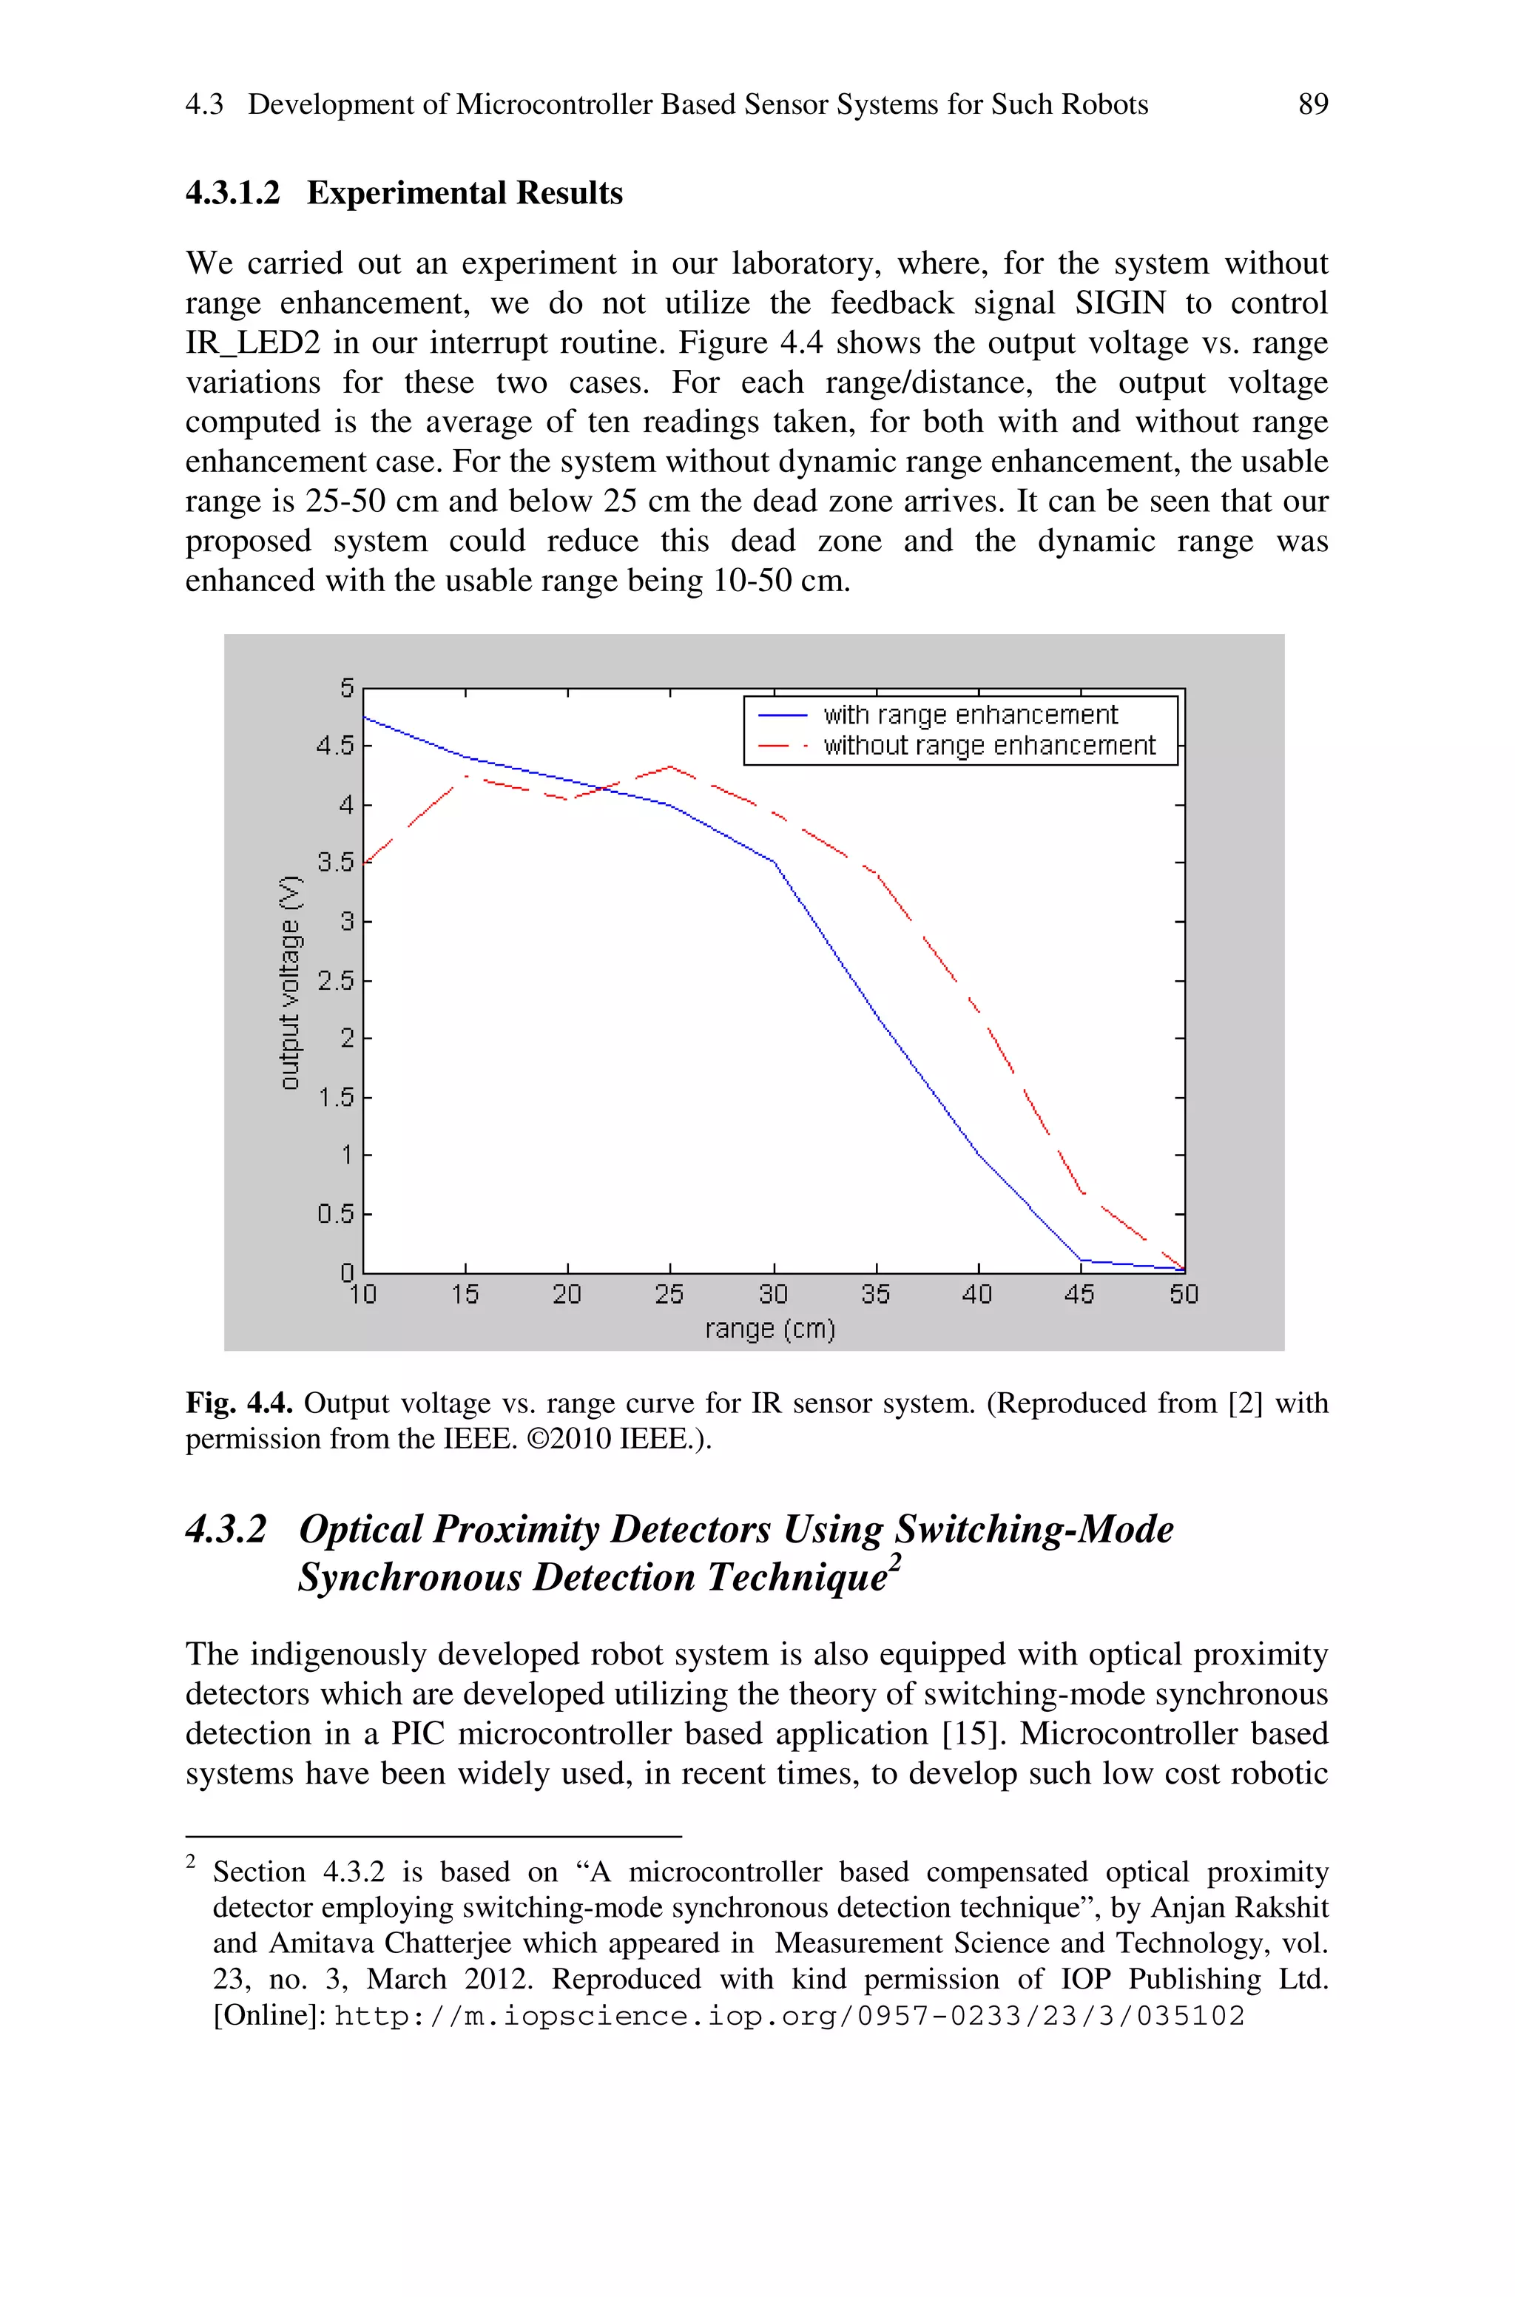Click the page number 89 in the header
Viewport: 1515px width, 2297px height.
click(x=1313, y=104)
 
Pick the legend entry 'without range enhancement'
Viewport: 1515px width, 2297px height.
click(x=988, y=746)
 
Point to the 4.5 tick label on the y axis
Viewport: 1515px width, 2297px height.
click(x=334, y=746)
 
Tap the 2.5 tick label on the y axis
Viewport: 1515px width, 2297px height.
click(x=334, y=980)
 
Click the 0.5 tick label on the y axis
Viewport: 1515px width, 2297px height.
click(x=334, y=1213)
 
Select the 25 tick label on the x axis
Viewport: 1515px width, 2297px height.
click(x=669, y=1295)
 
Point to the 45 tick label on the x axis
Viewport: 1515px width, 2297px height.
click(x=1079, y=1295)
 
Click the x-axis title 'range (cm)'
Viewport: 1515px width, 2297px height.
click(x=770, y=1329)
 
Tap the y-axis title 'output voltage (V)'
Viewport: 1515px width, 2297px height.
click(x=290, y=982)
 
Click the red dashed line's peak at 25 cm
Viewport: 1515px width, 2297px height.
click(x=669, y=767)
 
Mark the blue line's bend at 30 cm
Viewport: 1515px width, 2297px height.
click(x=774, y=862)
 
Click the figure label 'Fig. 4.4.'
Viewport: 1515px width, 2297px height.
click(x=240, y=1403)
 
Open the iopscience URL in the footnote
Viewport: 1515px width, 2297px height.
click(x=789, y=2016)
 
